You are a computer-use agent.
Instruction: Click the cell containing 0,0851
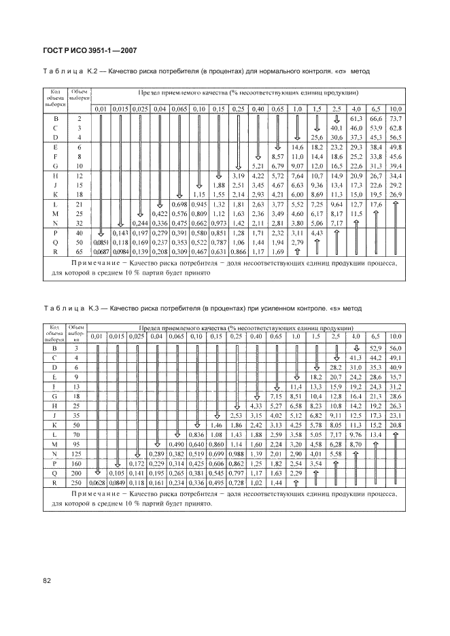[x=101, y=241]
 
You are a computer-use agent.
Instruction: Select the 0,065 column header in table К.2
[x=180, y=109]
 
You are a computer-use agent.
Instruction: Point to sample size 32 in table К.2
[x=80, y=222]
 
